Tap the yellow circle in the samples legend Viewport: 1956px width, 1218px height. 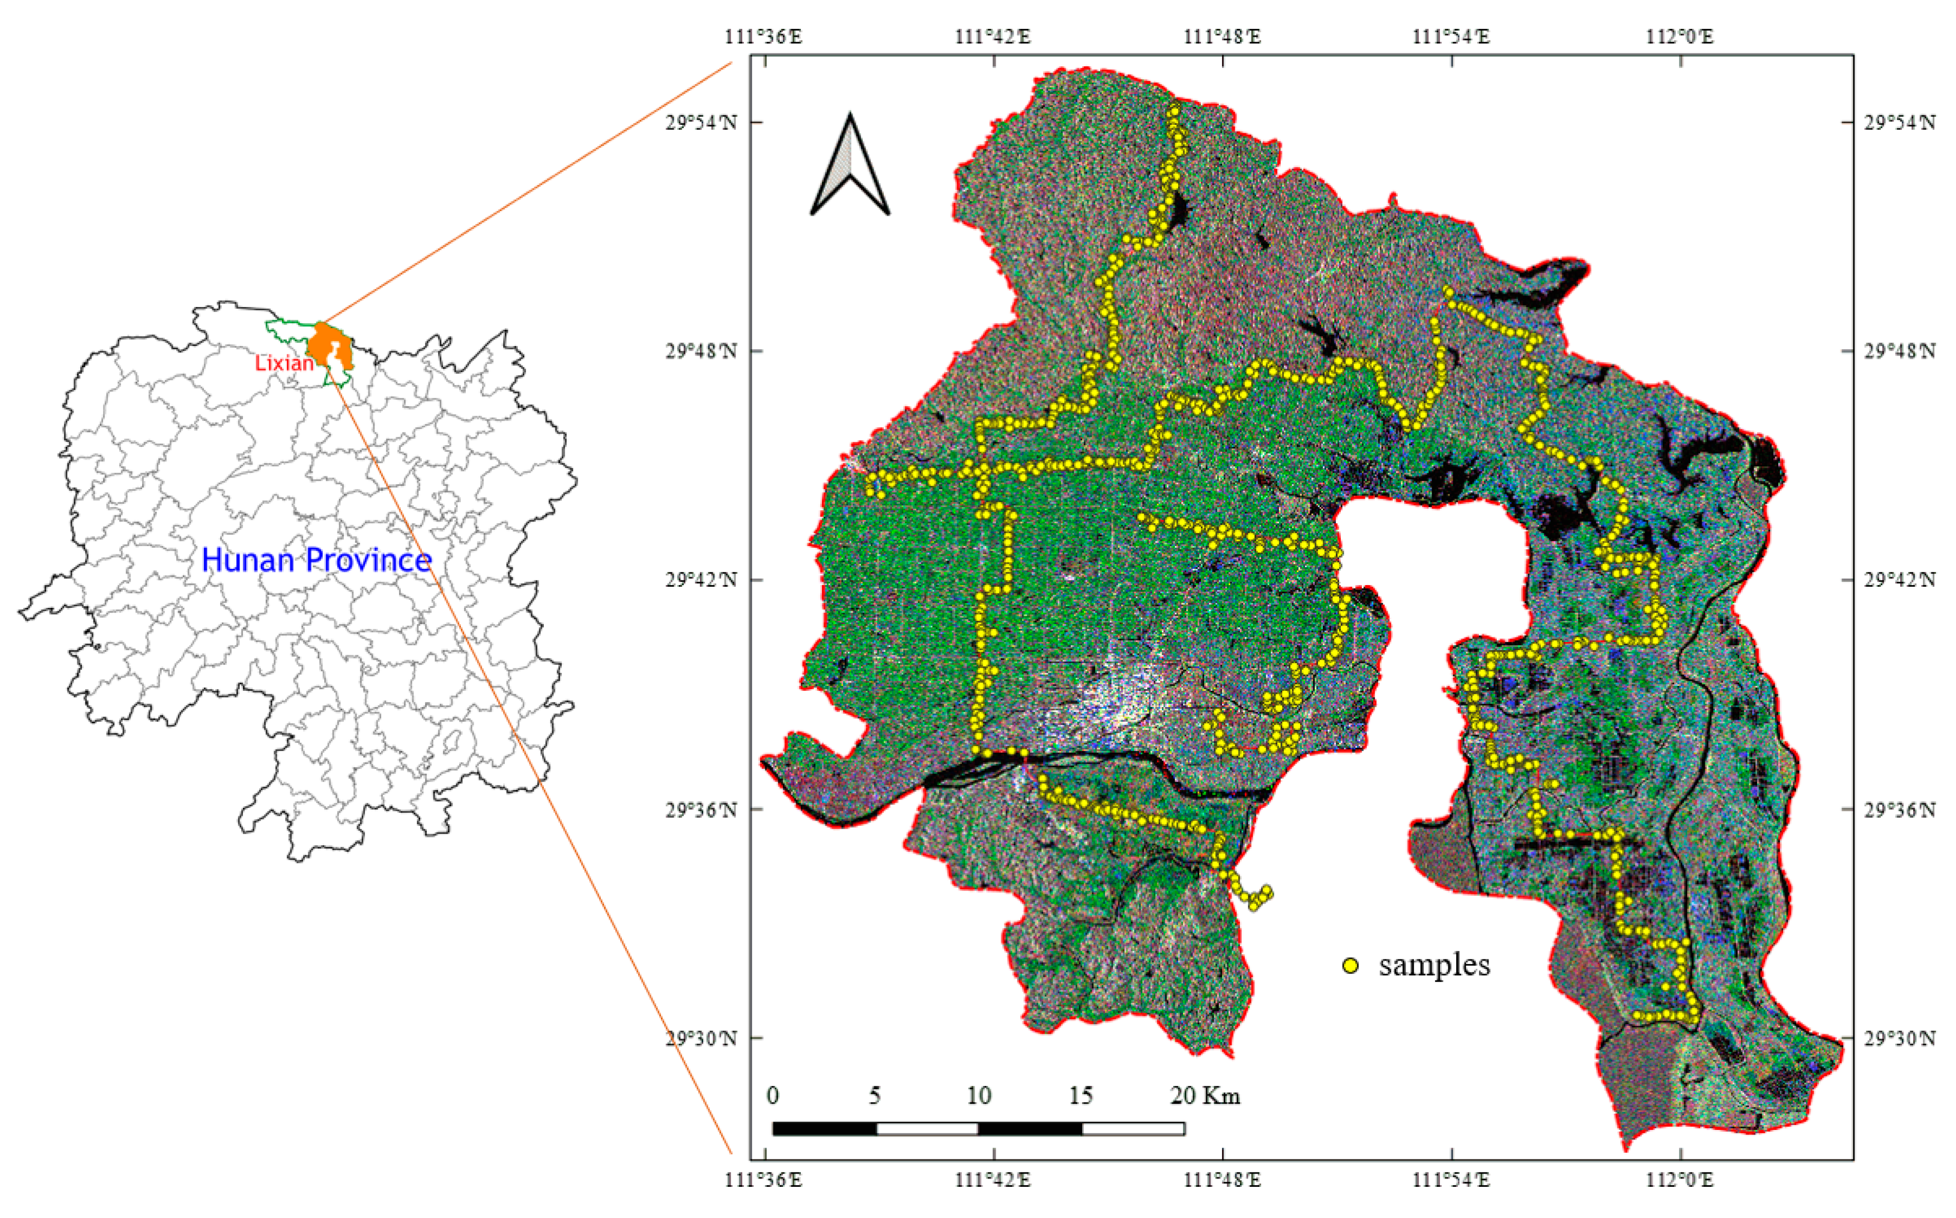pyautogui.click(x=1351, y=965)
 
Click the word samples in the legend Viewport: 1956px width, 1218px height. pyautogui.click(x=1434, y=965)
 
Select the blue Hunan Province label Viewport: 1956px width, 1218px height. pyautogui.click(x=316, y=560)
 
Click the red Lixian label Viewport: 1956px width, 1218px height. pyautogui.click(x=284, y=363)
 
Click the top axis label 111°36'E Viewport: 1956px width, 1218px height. pyautogui.click(x=763, y=36)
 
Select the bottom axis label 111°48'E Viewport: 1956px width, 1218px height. pyautogui.click(x=1222, y=1180)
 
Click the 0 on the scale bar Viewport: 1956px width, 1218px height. pyautogui.click(x=772, y=1095)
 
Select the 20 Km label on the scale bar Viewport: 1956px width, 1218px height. pyautogui.click(x=1204, y=1095)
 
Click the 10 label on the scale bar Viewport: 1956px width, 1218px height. pyautogui.click(x=979, y=1095)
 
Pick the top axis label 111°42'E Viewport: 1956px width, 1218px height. pyautogui.click(x=992, y=36)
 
